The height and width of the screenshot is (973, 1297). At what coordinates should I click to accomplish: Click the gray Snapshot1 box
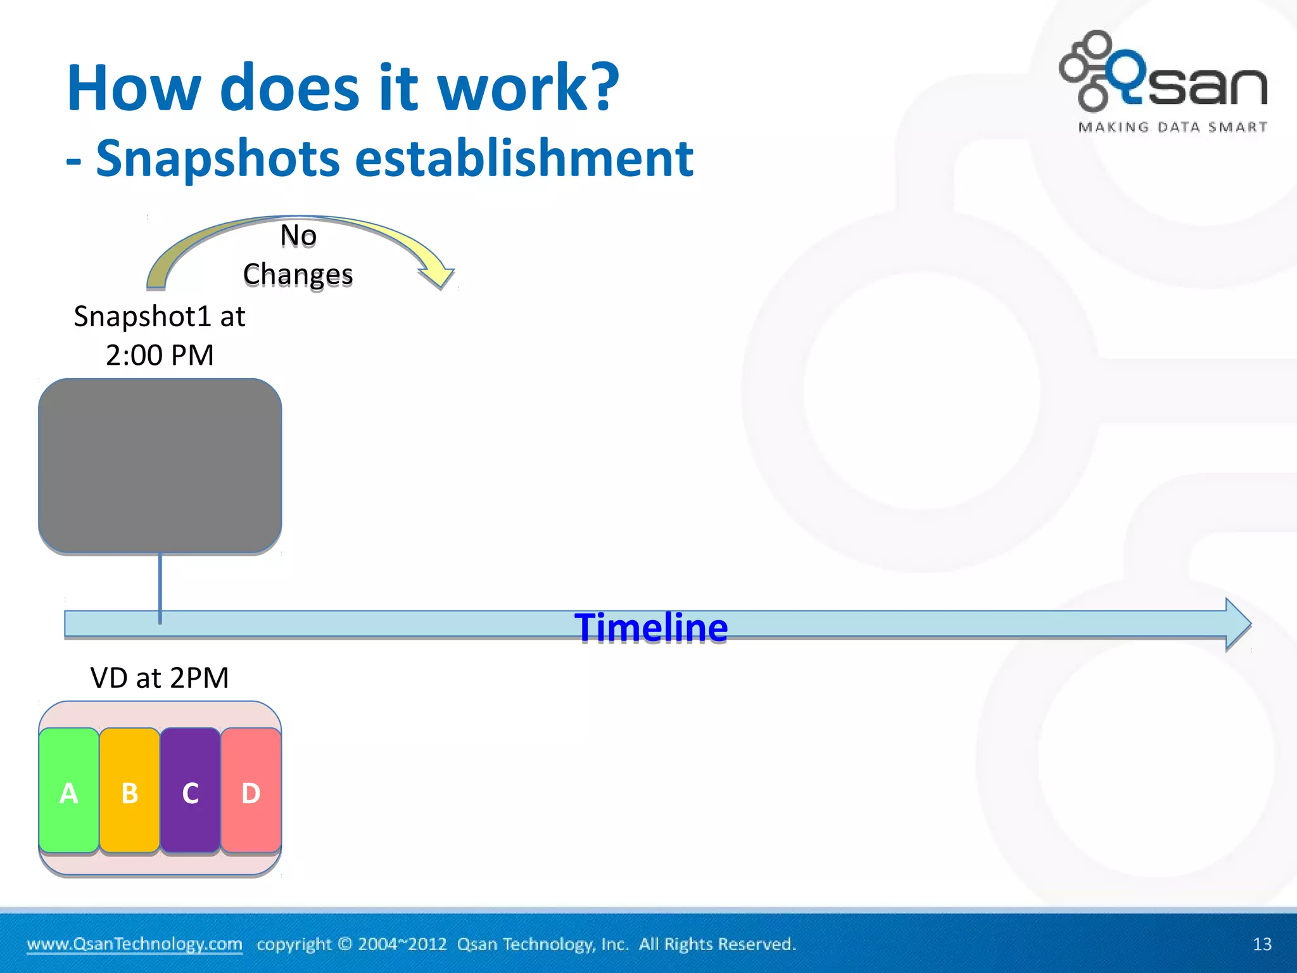tap(160, 466)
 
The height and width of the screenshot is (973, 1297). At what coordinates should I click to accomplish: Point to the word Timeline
tap(651, 628)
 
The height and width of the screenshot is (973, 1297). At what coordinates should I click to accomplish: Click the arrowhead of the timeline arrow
tap(1237, 624)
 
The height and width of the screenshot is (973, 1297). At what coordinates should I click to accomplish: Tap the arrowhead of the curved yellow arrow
tap(437, 277)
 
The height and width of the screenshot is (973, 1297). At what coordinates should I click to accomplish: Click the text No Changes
tap(298, 255)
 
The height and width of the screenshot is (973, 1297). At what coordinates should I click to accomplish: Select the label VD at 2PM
tap(160, 678)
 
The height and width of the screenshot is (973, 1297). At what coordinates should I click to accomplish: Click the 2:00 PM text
tap(160, 355)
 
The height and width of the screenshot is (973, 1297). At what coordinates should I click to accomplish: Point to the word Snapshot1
tap(142, 316)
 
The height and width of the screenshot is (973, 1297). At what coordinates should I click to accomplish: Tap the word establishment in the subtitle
tap(524, 158)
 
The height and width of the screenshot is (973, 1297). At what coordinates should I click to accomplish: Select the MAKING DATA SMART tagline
tap(1172, 127)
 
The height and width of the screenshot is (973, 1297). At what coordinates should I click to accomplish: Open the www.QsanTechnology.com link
tap(134, 944)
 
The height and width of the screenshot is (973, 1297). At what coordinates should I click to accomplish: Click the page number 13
tap(1262, 944)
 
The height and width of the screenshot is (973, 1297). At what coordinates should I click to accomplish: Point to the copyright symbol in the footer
tap(345, 944)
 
